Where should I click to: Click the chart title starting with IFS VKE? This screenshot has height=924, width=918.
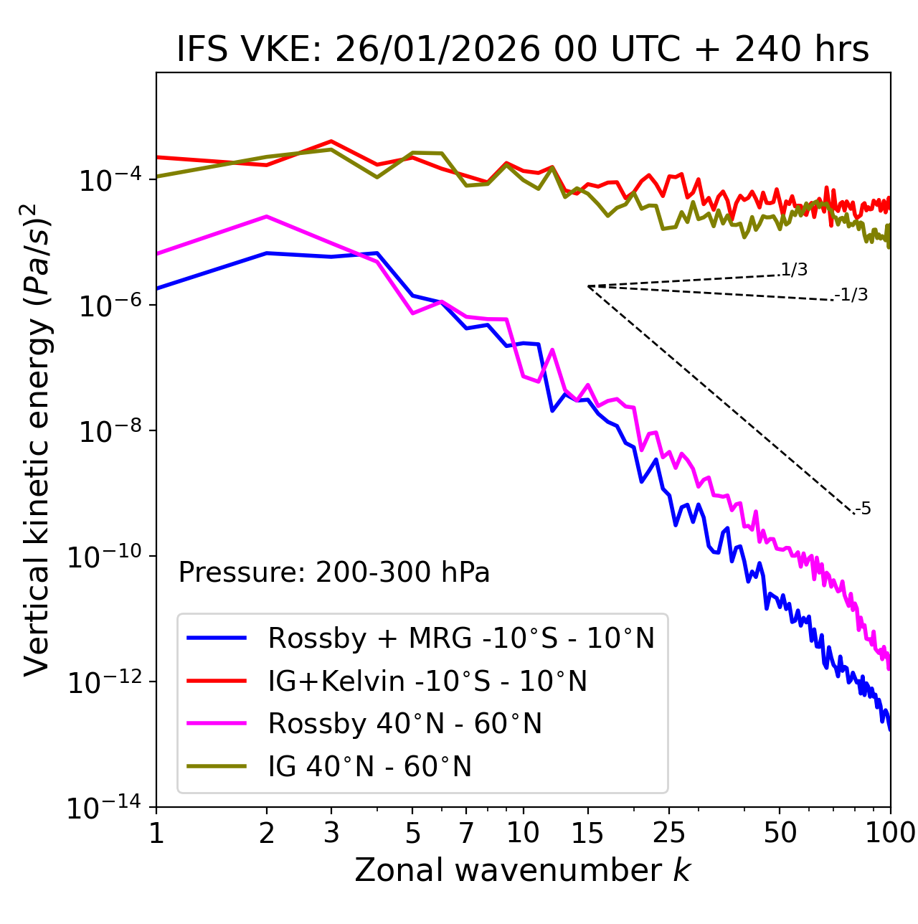tap(523, 50)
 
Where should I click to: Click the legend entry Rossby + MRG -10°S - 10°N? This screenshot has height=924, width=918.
tap(461, 638)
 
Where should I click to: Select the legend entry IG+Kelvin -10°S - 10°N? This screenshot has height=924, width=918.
tap(427, 681)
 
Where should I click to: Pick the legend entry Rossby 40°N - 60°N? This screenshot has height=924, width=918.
tap(404, 724)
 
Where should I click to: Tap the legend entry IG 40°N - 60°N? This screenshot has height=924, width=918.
tap(369, 767)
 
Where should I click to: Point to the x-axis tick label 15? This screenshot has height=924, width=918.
tap(587, 833)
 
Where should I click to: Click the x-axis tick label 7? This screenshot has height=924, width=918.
tap(466, 833)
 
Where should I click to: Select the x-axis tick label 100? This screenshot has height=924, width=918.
tap(890, 833)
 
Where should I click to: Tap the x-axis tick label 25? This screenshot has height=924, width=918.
tap(668, 833)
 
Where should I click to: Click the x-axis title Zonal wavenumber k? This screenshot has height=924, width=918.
tap(523, 870)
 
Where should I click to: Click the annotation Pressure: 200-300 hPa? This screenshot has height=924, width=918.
tap(334, 572)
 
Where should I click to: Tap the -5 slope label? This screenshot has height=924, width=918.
tap(863, 509)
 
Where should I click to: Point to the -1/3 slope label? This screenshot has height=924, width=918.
tap(851, 295)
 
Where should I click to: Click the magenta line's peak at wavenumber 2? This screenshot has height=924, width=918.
tap(267, 216)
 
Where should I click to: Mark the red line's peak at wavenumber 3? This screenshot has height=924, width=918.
tap(331, 141)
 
